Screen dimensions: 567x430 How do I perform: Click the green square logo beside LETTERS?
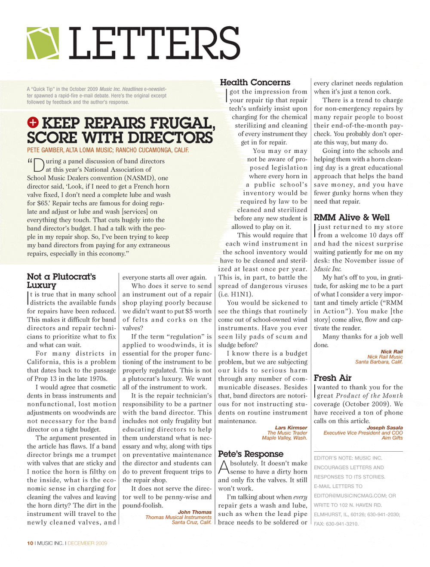(x=43, y=43)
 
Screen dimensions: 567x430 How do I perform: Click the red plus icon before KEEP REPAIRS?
(x=33, y=123)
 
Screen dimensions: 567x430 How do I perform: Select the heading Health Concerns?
(x=255, y=82)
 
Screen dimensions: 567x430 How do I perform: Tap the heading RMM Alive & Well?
(x=351, y=217)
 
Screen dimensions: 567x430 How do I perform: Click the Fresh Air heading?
(x=332, y=378)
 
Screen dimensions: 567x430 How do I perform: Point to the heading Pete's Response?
(x=251, y=453)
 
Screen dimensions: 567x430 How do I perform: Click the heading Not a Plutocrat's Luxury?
(x=61, y=280)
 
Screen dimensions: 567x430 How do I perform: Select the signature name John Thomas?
(x=195, y=512)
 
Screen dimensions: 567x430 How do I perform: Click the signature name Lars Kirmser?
(x=291, y=428)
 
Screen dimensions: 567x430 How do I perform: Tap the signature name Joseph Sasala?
(x=385, y=428)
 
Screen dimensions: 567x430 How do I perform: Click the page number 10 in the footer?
(x=30, y=543)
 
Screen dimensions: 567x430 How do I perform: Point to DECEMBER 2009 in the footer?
(x=87, y=543)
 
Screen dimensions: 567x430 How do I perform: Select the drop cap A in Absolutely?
(x=224, y=467)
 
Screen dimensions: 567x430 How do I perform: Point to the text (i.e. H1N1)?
(x=235, y=294)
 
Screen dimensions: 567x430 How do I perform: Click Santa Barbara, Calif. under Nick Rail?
(x=379, y=362)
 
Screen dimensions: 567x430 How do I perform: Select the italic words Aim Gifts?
(x=392, y=438)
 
